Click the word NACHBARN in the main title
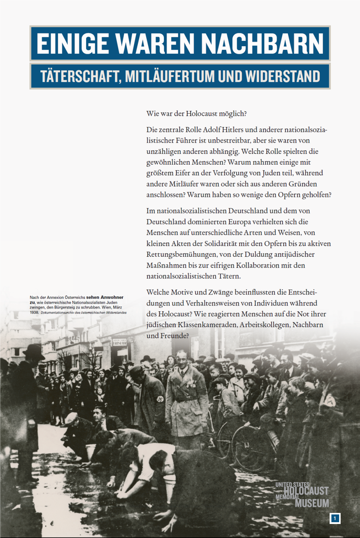tap(262, 44)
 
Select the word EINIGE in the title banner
tap(73, 44)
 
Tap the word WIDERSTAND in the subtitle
tap(283, 76)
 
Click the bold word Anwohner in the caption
tap(112, 297)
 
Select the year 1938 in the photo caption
tap(34, 312)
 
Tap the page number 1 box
tap(335, 518)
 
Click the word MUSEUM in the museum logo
tap(312, 503)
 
